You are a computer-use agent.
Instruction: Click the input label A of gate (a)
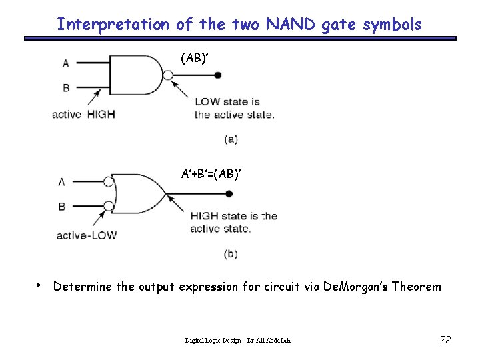[65, 63]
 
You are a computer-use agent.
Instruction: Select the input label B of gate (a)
[65, 87]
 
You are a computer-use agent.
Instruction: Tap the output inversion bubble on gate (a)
[168, 75]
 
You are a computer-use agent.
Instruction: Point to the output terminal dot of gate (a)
[217, 75]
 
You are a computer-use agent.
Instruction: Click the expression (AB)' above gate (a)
[194, 58]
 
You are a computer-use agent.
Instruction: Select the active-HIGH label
[83, 114]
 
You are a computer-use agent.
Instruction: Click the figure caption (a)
[231, 139]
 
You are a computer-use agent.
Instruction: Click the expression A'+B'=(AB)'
[211, 174]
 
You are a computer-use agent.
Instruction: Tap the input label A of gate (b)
[62, 182]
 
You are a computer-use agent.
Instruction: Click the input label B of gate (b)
[62, 206]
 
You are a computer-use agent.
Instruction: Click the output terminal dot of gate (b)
[229, 194]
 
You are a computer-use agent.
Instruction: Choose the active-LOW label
[86, 235]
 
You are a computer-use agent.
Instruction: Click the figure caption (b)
[231, 253]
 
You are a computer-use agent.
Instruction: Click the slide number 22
[446, 340]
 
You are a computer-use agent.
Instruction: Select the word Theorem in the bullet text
[417, 287]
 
